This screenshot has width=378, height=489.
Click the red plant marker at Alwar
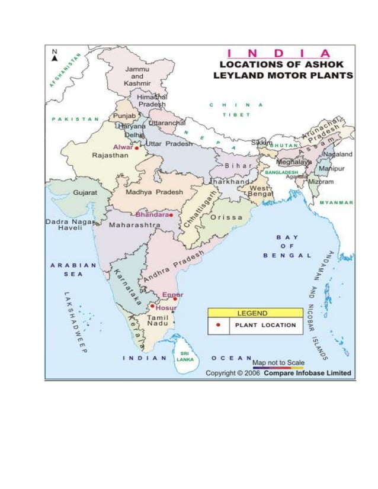[x=136, y=149]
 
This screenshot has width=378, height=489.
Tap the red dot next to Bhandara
[x=171, y=215]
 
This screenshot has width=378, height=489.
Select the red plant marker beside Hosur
[x=152, y=306]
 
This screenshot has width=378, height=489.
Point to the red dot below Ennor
[x=175, y=299]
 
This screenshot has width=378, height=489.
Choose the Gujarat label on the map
[x=84, y=192]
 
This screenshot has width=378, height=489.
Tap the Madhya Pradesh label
[x=154, y=192]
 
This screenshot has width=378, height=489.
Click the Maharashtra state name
[x=135, y=225]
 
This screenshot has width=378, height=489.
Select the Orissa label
[x=226, y=217]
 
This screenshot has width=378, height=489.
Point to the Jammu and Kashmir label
[x=137, y=76]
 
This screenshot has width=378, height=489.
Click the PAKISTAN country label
[x=75, y=119]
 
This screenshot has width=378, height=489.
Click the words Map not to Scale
[x=278, y=362]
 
